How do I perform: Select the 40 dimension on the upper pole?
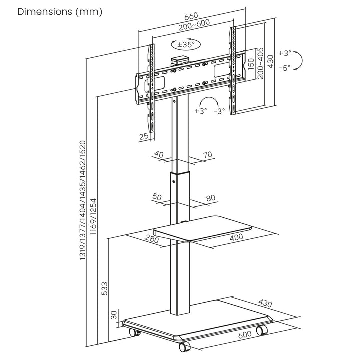(159, 154)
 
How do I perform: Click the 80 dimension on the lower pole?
(210, 198)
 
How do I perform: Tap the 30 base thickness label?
(114, 315)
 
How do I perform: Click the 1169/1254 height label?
(93, 220)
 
